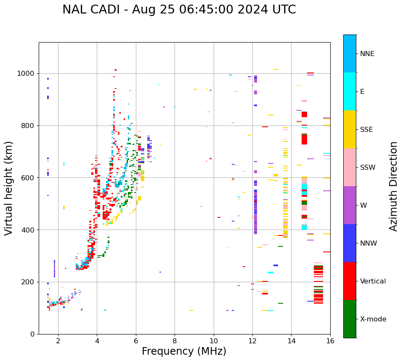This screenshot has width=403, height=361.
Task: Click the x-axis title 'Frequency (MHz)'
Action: [184, 351]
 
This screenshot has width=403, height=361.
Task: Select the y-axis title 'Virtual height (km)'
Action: [9, 188]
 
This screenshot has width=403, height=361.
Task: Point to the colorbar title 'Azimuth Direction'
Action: [393, 186]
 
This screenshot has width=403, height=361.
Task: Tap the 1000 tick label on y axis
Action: [26, 73]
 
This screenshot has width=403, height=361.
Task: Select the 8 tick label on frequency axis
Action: [175, 341]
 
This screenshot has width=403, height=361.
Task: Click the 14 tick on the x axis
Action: [291, 341]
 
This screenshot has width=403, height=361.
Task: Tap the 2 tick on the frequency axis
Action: [58, 341]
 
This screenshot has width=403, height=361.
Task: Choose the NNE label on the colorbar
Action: [367, 54]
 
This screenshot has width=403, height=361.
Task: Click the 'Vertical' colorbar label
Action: [373, 281]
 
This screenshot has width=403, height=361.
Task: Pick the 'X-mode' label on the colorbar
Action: [373, 319]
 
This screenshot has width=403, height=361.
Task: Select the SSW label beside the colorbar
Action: [368, 168]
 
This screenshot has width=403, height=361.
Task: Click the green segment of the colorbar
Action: [350, 319]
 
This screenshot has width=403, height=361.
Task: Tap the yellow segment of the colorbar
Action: [350, 129]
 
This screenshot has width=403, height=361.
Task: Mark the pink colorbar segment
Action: [350, 167]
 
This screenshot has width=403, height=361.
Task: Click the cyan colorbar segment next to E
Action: [350, 91]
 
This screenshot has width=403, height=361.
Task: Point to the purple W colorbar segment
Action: [350, 205]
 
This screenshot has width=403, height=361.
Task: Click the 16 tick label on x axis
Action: [330, 341]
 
